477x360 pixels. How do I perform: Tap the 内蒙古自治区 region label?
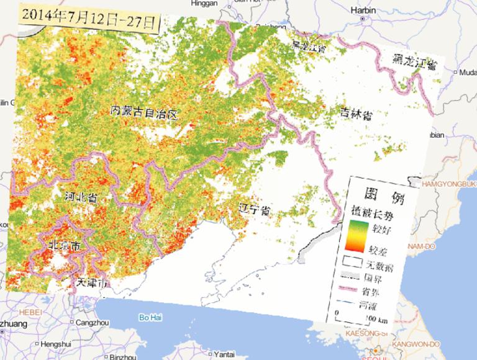pos(144,113)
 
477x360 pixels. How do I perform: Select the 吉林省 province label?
pos(356,114)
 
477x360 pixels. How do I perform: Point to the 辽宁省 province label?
pos(255,209)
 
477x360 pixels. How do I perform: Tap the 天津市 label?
pos(93,282)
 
